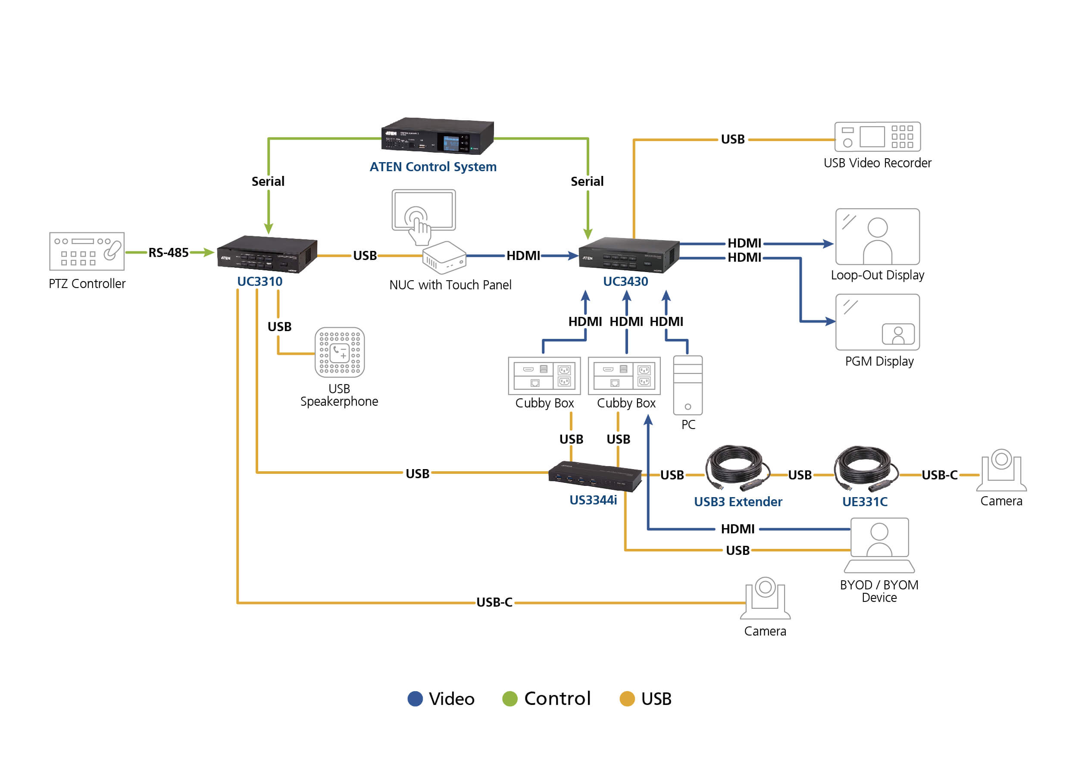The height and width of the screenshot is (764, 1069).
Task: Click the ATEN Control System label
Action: tap(433, 166)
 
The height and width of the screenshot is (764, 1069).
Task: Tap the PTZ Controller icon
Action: tap(87, 251)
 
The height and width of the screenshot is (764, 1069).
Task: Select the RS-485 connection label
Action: tap(169, 253)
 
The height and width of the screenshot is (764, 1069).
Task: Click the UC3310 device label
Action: tap(259, 281)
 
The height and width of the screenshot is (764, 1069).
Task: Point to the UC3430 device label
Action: tap(625, 281)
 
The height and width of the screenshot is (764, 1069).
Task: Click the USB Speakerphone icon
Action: tap(340, 352)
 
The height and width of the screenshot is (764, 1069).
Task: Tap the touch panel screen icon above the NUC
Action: tap(424, 210)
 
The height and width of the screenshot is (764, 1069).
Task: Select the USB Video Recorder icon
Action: tap(877, 136)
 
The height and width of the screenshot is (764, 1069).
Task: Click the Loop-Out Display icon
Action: tap(877, 237)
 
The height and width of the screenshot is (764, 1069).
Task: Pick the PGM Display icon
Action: tap(877, 322)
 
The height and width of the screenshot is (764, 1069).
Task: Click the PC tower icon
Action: tap(688, 385)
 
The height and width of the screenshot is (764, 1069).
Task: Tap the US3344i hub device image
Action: tap(594, 476)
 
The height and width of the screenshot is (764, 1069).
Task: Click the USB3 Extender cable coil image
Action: tap(737, 468)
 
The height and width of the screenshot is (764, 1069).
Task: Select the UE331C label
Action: tap(864, 502)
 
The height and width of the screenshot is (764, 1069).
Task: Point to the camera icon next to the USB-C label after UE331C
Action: tap(1001, 470)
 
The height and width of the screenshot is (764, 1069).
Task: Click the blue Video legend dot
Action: tap(415, 698)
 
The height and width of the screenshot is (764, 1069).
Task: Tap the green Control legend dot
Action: tap(510, 698)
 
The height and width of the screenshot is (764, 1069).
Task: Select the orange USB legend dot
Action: tap(627, 698)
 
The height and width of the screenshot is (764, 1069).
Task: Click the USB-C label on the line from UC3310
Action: tap(494, 602)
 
